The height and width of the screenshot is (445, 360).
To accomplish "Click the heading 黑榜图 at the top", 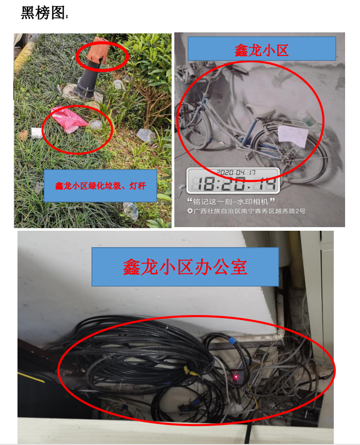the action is coord(43,13).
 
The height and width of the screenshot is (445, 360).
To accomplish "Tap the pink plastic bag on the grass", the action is coord(69,120).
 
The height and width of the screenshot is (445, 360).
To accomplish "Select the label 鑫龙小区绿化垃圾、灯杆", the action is coord(100,186).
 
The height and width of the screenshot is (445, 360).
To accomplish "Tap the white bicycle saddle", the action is coord(260,110).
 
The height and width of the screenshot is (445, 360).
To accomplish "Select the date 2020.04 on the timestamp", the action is coord(231,172).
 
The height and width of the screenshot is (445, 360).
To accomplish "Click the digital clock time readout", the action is coord(233,183).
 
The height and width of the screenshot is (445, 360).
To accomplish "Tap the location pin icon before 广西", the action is coord(190,211).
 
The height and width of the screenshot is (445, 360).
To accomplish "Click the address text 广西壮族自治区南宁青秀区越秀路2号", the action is coord(249,211).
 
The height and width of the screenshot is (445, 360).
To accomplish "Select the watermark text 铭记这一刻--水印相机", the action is coord(230,201).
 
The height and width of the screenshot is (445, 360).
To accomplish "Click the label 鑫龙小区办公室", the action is coord(185,267).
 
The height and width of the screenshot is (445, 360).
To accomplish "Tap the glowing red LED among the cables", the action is coord(236,377).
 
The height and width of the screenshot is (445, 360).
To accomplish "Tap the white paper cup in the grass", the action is coord(37,133).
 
